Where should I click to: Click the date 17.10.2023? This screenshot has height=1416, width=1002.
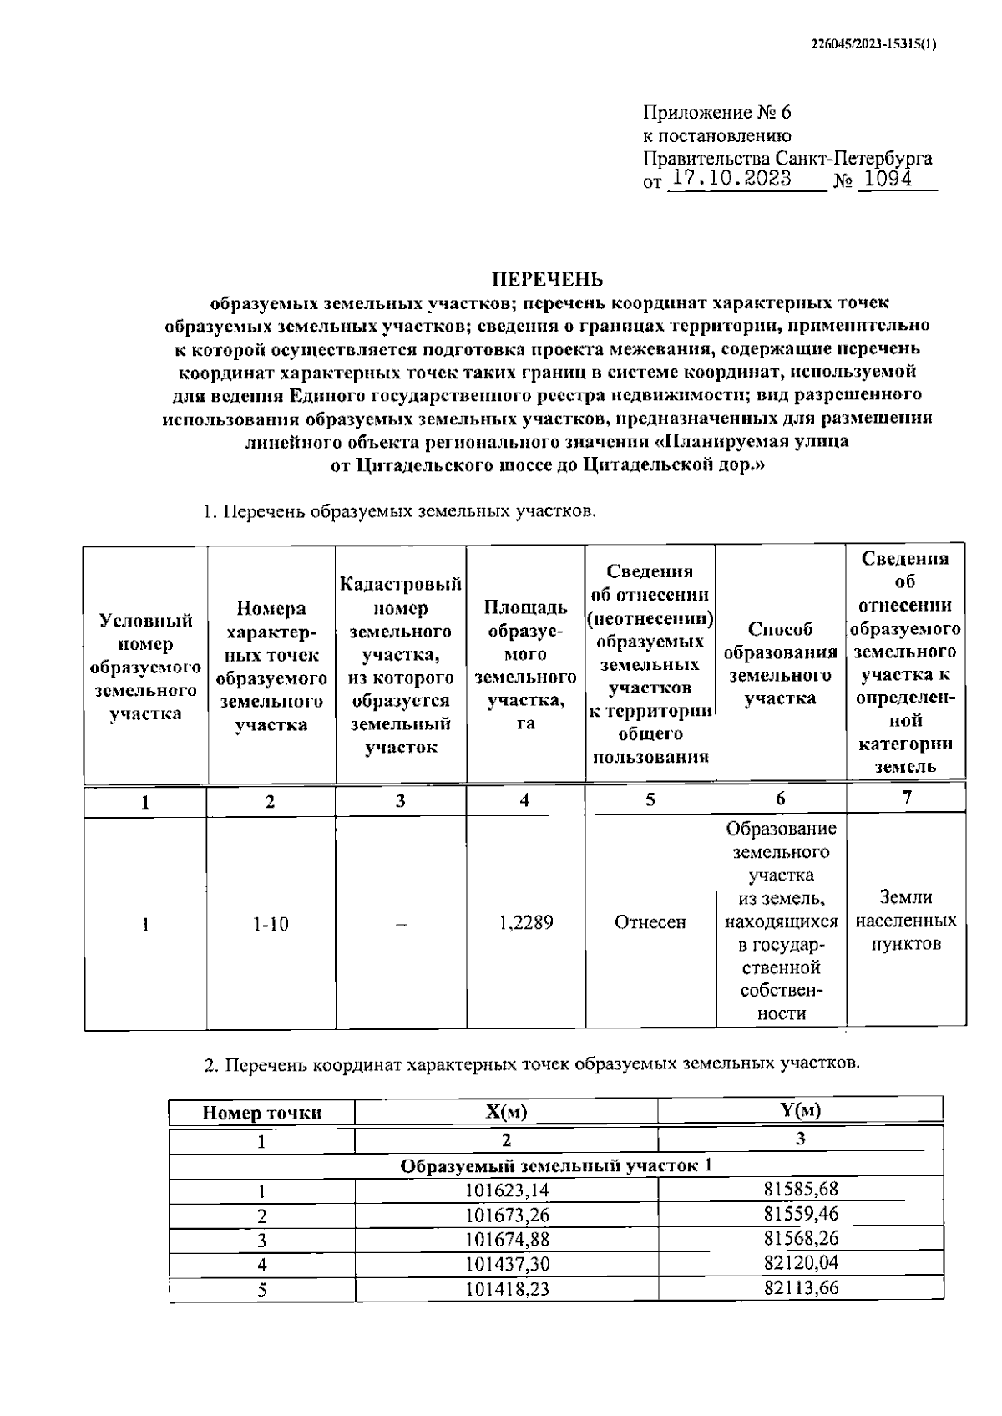point(731,179)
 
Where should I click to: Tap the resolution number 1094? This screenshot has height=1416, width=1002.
point(888,179)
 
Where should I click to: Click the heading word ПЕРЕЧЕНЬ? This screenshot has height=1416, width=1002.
point(546,279)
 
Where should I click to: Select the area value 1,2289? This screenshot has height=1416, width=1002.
point(525,922)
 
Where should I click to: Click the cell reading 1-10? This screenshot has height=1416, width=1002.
point(270,924)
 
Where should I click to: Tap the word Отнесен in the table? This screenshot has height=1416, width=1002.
point(650,922)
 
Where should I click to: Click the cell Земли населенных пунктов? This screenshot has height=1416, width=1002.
point(906,921)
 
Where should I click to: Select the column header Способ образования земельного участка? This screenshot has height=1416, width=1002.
point(780,664)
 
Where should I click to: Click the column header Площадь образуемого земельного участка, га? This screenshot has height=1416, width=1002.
point(525,666)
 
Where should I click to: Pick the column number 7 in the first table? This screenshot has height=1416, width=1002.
point(907,798)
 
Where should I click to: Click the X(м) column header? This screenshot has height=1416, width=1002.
point(506,1112)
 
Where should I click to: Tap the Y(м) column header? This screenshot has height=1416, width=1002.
point(800,1110)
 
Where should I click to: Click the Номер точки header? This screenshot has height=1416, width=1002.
point(261,1113)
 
